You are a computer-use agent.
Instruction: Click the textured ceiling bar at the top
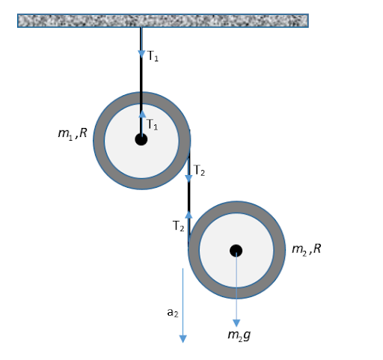click(x=163, y=20)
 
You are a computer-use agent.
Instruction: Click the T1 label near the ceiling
click(x=153, y=56)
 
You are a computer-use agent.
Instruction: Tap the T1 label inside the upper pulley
click(x=152, y=124)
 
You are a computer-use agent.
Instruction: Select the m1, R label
click(x=73, y=133)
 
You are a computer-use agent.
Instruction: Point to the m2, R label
click(x=307, y=249)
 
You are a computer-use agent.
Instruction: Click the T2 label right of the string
click(x=199, y=171)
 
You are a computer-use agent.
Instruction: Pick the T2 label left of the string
click(x=178, y=226)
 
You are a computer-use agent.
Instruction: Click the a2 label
click(x=173, y=313)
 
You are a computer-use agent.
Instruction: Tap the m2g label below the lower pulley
click(x=239, y=335)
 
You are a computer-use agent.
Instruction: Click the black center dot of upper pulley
click(x=141, y=139)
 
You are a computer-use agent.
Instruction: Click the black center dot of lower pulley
click(x=236, y=251)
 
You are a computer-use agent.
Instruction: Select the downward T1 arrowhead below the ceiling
click(x=141, y=54)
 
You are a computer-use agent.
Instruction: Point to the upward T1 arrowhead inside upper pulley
click(x=142, y=114)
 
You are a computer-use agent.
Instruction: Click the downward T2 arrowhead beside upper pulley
click(x=189, y=178)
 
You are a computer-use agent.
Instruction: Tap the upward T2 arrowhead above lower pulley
click(x=189, y=215)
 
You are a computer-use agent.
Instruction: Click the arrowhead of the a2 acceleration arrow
click(x=183, y=339)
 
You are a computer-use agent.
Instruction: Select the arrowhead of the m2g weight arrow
click(x=236, y=323)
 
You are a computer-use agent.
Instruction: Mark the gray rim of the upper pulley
click(x=99, y=141)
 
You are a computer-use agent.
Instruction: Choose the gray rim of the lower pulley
click(x=280, y=250)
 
